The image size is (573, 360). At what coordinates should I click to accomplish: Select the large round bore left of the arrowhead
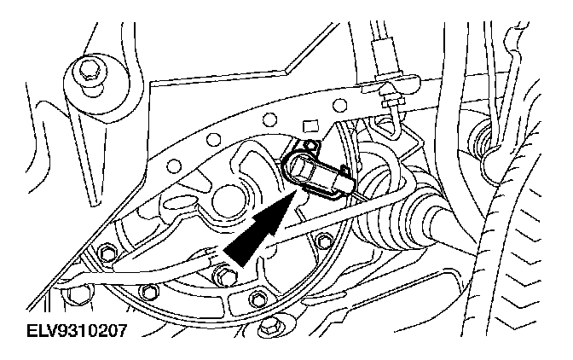pos(227,204)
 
